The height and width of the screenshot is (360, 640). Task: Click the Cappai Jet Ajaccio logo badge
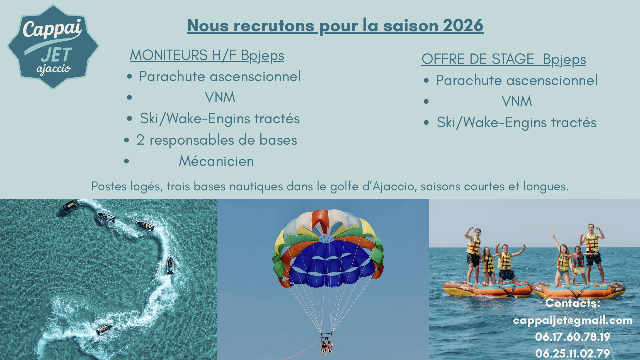(53, 47)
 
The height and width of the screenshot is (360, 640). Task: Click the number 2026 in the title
(463, 25)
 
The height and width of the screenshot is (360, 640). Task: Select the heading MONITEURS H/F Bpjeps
(207, 55)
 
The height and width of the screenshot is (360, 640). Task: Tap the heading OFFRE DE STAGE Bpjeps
(504, 59)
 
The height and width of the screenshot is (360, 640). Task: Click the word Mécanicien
(216, 161)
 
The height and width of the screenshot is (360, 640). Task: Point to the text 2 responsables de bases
(217, 140)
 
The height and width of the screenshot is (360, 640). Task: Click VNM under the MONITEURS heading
(220, 97)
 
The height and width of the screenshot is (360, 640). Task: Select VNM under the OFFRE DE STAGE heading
(517, 101)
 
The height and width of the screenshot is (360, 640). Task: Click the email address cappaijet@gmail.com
(573, 320)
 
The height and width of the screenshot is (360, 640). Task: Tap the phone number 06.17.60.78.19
(573, 337)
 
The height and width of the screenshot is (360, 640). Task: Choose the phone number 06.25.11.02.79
(573, 353)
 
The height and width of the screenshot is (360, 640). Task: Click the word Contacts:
(573, 303)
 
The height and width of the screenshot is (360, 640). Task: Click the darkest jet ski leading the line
(69, 206)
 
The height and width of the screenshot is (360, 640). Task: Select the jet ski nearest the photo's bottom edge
(105, 329)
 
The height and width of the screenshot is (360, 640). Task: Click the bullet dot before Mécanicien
(127, 161)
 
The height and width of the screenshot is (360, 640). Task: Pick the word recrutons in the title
(274, 26)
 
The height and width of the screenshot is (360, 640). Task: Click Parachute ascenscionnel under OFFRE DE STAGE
(517, 80)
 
